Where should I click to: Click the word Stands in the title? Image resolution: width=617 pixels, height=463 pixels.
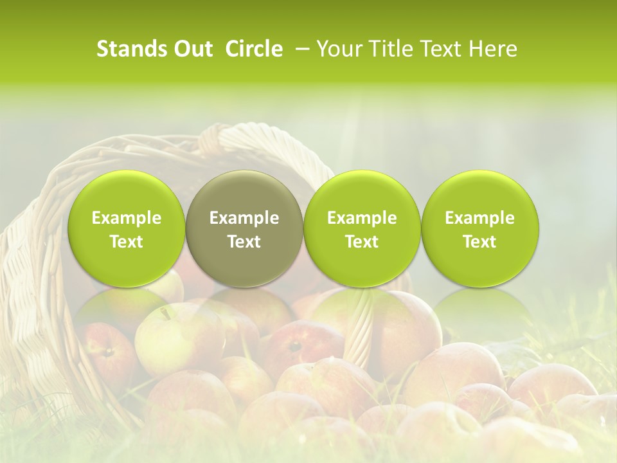pos(131,49)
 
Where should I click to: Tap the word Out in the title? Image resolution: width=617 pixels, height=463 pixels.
pos(192,49)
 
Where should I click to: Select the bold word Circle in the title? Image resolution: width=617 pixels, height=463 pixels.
pos(254,49)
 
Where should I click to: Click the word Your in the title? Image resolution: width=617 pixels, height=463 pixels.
pos(337,49)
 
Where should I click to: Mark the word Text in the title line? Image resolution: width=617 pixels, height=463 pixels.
pos(441,49)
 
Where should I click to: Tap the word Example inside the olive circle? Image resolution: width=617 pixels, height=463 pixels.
pos(244,218)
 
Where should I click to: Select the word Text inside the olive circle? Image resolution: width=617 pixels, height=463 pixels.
pos(244,242)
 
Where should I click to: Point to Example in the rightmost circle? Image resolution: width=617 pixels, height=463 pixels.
pos(480,218)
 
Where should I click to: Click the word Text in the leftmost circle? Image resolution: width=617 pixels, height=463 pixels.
pos(127,242)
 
